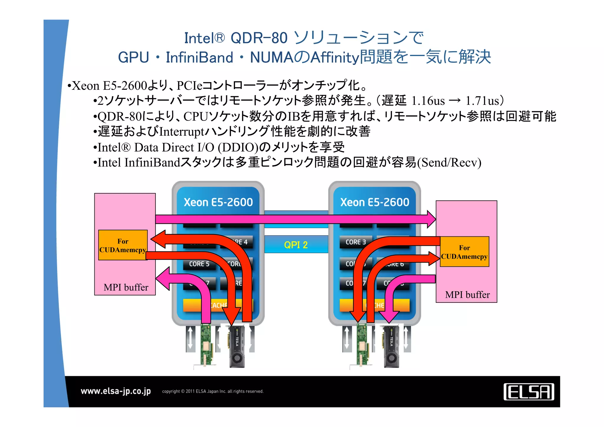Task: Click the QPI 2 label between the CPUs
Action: (296, 245)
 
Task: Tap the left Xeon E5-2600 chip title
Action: (218, 202)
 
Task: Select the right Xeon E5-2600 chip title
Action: (375, 202)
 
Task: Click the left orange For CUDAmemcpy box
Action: (123, 245)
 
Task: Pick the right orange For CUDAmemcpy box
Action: (464, 252)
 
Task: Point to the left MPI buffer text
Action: (126, 287)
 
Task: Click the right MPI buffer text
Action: (467, 295)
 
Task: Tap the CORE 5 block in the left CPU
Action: (199, 264)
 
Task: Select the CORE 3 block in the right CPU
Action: (356, 242)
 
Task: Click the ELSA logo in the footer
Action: (528, 392)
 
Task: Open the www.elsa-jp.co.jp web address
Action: (116, 391)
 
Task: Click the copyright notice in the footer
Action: (213, 391)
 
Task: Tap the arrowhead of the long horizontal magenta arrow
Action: (431, 219)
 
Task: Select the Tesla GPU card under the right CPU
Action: (391, 346)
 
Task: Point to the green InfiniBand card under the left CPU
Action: (206, 345)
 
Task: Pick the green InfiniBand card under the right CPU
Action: (362, 345)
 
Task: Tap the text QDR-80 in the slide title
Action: (259, 38)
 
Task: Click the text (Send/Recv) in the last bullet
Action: (449, 163)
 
